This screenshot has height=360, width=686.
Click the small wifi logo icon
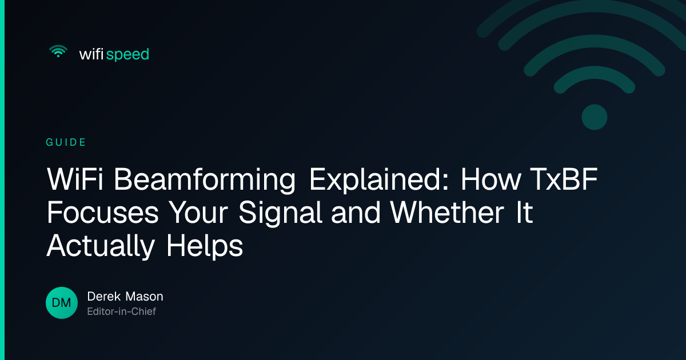58,51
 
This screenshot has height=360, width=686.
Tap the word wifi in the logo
91,54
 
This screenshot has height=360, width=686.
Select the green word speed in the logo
127,55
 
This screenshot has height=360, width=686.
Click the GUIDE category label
66,142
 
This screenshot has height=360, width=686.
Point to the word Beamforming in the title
205,180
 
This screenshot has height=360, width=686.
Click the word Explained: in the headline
379,180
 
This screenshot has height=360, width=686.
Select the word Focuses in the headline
102,212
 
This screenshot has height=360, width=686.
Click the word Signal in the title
281,213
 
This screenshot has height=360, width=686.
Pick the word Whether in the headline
447,212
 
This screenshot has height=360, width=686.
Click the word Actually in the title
101,246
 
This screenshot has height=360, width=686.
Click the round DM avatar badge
62,303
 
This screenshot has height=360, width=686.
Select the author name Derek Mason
125,297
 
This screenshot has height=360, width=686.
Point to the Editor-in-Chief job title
122,311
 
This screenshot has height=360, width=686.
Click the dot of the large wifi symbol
595,117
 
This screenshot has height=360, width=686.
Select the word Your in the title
198,212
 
